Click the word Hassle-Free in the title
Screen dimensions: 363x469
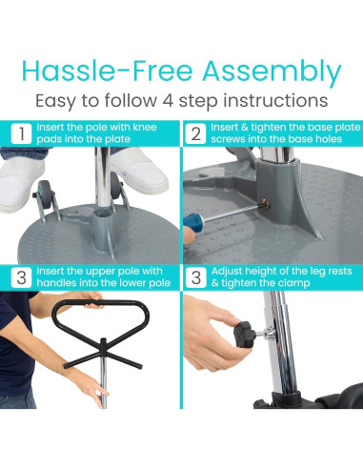click(x=107, y=71)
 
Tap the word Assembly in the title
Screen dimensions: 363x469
click(x=272, y=72)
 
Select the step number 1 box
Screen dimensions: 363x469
click(x=21, y=133)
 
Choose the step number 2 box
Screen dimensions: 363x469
click(x=195, y=133)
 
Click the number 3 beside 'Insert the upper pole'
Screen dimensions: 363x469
click(x=21, y=277)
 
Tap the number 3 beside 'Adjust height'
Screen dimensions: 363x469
click(x=196, y=277)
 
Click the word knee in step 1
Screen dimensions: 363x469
click(x=145, y=127)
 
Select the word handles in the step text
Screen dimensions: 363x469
click(x=55, y=282)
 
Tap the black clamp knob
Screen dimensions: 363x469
click(x=243, y=333)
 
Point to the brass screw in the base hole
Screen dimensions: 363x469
click(x=265, y=205)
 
